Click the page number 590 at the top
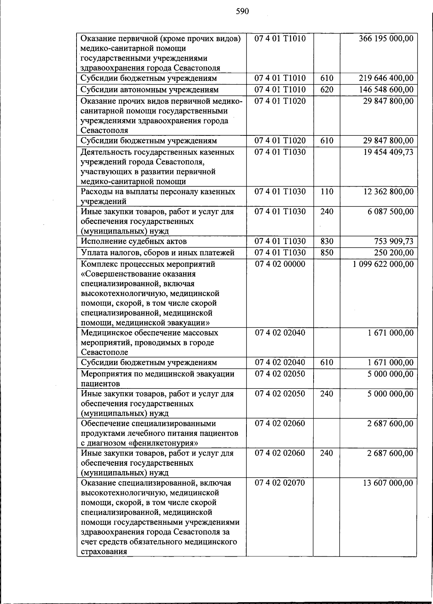tap(242, 12)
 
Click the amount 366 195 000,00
tap(386, 39)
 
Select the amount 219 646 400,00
tap(386, 78)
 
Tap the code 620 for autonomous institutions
tap(327, 90)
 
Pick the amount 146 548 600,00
tap(386, 90)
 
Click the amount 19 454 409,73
tap(388, 152)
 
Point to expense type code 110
tap(327, 192)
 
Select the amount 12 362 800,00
tap(388, 192)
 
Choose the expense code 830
tap(327, 241)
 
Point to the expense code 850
tap(327, 252)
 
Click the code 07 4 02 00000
tap(280, 264)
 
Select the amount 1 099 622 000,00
tap(383, 264)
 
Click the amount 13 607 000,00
tap(388, 483)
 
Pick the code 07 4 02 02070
tap(280, 483)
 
